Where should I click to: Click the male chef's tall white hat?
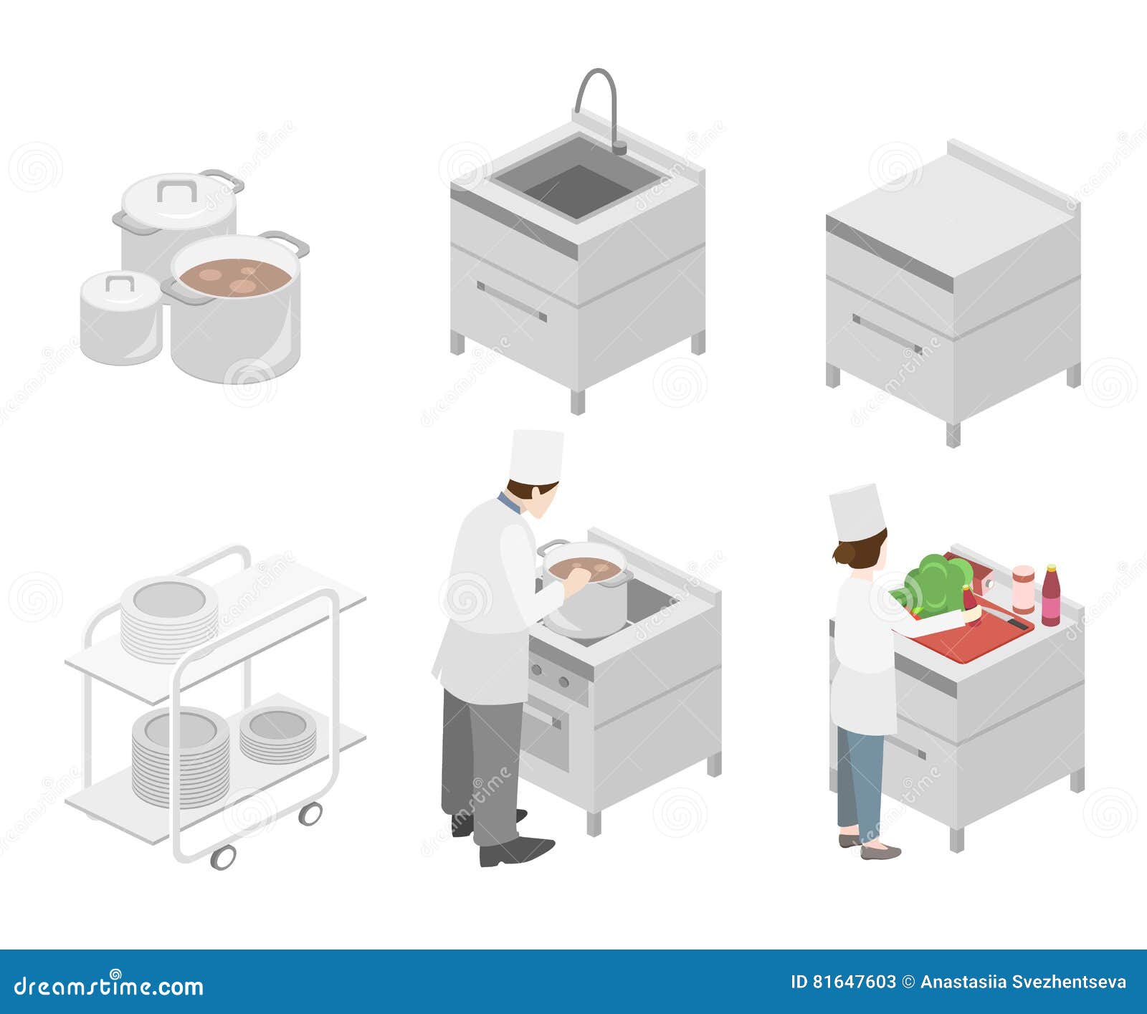coord(536,456)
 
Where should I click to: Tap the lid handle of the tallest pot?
coord(177,191)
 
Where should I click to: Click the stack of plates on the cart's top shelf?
coord(169,618)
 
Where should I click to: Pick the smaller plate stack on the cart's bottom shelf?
coord(277,734)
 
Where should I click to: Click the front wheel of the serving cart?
coord(223,856)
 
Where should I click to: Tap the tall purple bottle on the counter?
coord(1050,596)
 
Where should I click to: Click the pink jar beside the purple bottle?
coord(1023,589)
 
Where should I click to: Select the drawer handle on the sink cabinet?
coord(511,302)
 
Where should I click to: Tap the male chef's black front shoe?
coord(516,851)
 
